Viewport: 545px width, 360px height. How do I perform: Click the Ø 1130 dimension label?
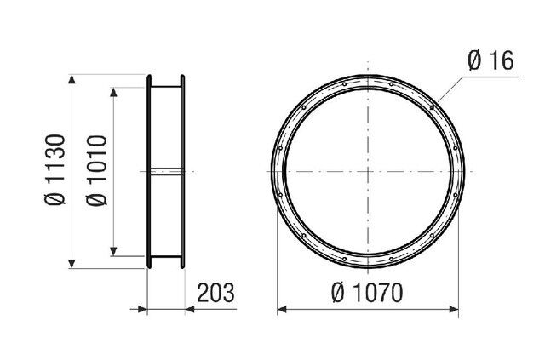[x=55, y=169]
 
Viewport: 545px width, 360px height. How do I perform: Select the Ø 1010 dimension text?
[x=96, y=170]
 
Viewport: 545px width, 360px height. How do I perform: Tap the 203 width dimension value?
[x=215, y=293]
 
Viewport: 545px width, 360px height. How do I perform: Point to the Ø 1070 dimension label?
[x=367, y=293]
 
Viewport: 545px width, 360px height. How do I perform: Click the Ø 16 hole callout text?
[x=490, y=60]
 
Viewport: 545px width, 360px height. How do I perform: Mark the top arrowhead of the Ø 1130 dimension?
[x=72, y=79]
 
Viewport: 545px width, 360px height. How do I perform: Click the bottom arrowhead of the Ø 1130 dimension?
[x=72, y=264]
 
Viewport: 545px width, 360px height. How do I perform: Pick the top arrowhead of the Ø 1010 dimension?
[x=113, y=92]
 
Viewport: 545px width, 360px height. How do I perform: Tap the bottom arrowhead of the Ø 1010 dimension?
[x=113, y=252]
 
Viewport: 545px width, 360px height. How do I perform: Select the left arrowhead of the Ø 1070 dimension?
[x=282, y=309]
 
